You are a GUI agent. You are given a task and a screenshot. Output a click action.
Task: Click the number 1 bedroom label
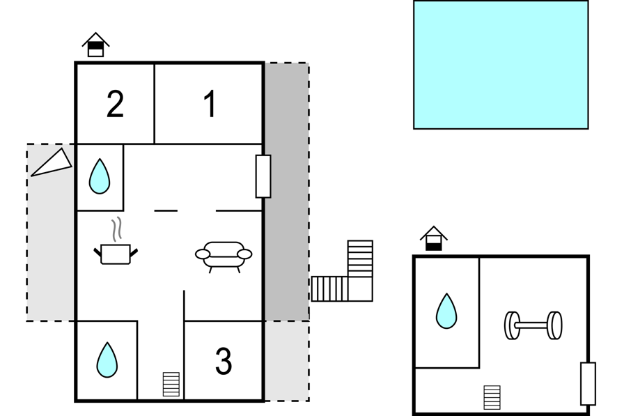pyautogui.click(x=210, y=104)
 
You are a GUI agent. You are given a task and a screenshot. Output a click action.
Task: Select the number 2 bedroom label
pyautogui.click(x=116, y=104)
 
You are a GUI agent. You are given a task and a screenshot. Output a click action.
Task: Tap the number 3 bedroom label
pyautogui.click(x=224, y=361)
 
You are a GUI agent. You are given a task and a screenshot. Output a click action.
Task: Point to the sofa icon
pyautogui.click(x=224, y=256)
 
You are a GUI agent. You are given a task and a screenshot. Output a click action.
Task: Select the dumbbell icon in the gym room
pyautogui.click(x=533, y=325)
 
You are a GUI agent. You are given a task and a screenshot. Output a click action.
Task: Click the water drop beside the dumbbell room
pyautogui.click(x=446, y=311)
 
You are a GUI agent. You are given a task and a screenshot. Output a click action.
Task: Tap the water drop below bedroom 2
pyautogui.click(x=100, y=176)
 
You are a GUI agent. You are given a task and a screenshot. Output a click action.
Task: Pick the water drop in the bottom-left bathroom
pyautogui.click(x=107, y=360)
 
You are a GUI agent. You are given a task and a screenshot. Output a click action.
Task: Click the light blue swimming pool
pyautogui.click(x=501, y=65)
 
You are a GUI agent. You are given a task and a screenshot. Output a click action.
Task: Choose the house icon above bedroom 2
pyautogui.click(x=95, y=45)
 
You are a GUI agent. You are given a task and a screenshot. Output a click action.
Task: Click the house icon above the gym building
pyautogui.click(x=434, y=238)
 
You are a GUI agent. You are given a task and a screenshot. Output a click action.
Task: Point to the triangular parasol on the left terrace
pyautogui.click(x=52, y=163)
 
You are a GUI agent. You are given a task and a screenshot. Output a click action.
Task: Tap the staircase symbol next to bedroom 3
pyautogui.click(x=171, y=384)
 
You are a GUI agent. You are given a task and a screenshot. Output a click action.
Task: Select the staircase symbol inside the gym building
pyautogui.click(x=492, y=397)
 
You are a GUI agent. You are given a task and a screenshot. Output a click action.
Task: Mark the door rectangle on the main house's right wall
pyautogui.click(x=263, y=176)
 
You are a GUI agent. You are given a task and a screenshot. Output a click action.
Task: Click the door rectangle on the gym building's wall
pyautogui.click(x=588, y=384)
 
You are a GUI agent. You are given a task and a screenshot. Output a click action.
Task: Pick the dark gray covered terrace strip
pyautogui.click(x=287, y=192)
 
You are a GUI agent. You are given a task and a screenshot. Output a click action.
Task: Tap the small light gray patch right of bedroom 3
pyautogui.click(x=287, y=361)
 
